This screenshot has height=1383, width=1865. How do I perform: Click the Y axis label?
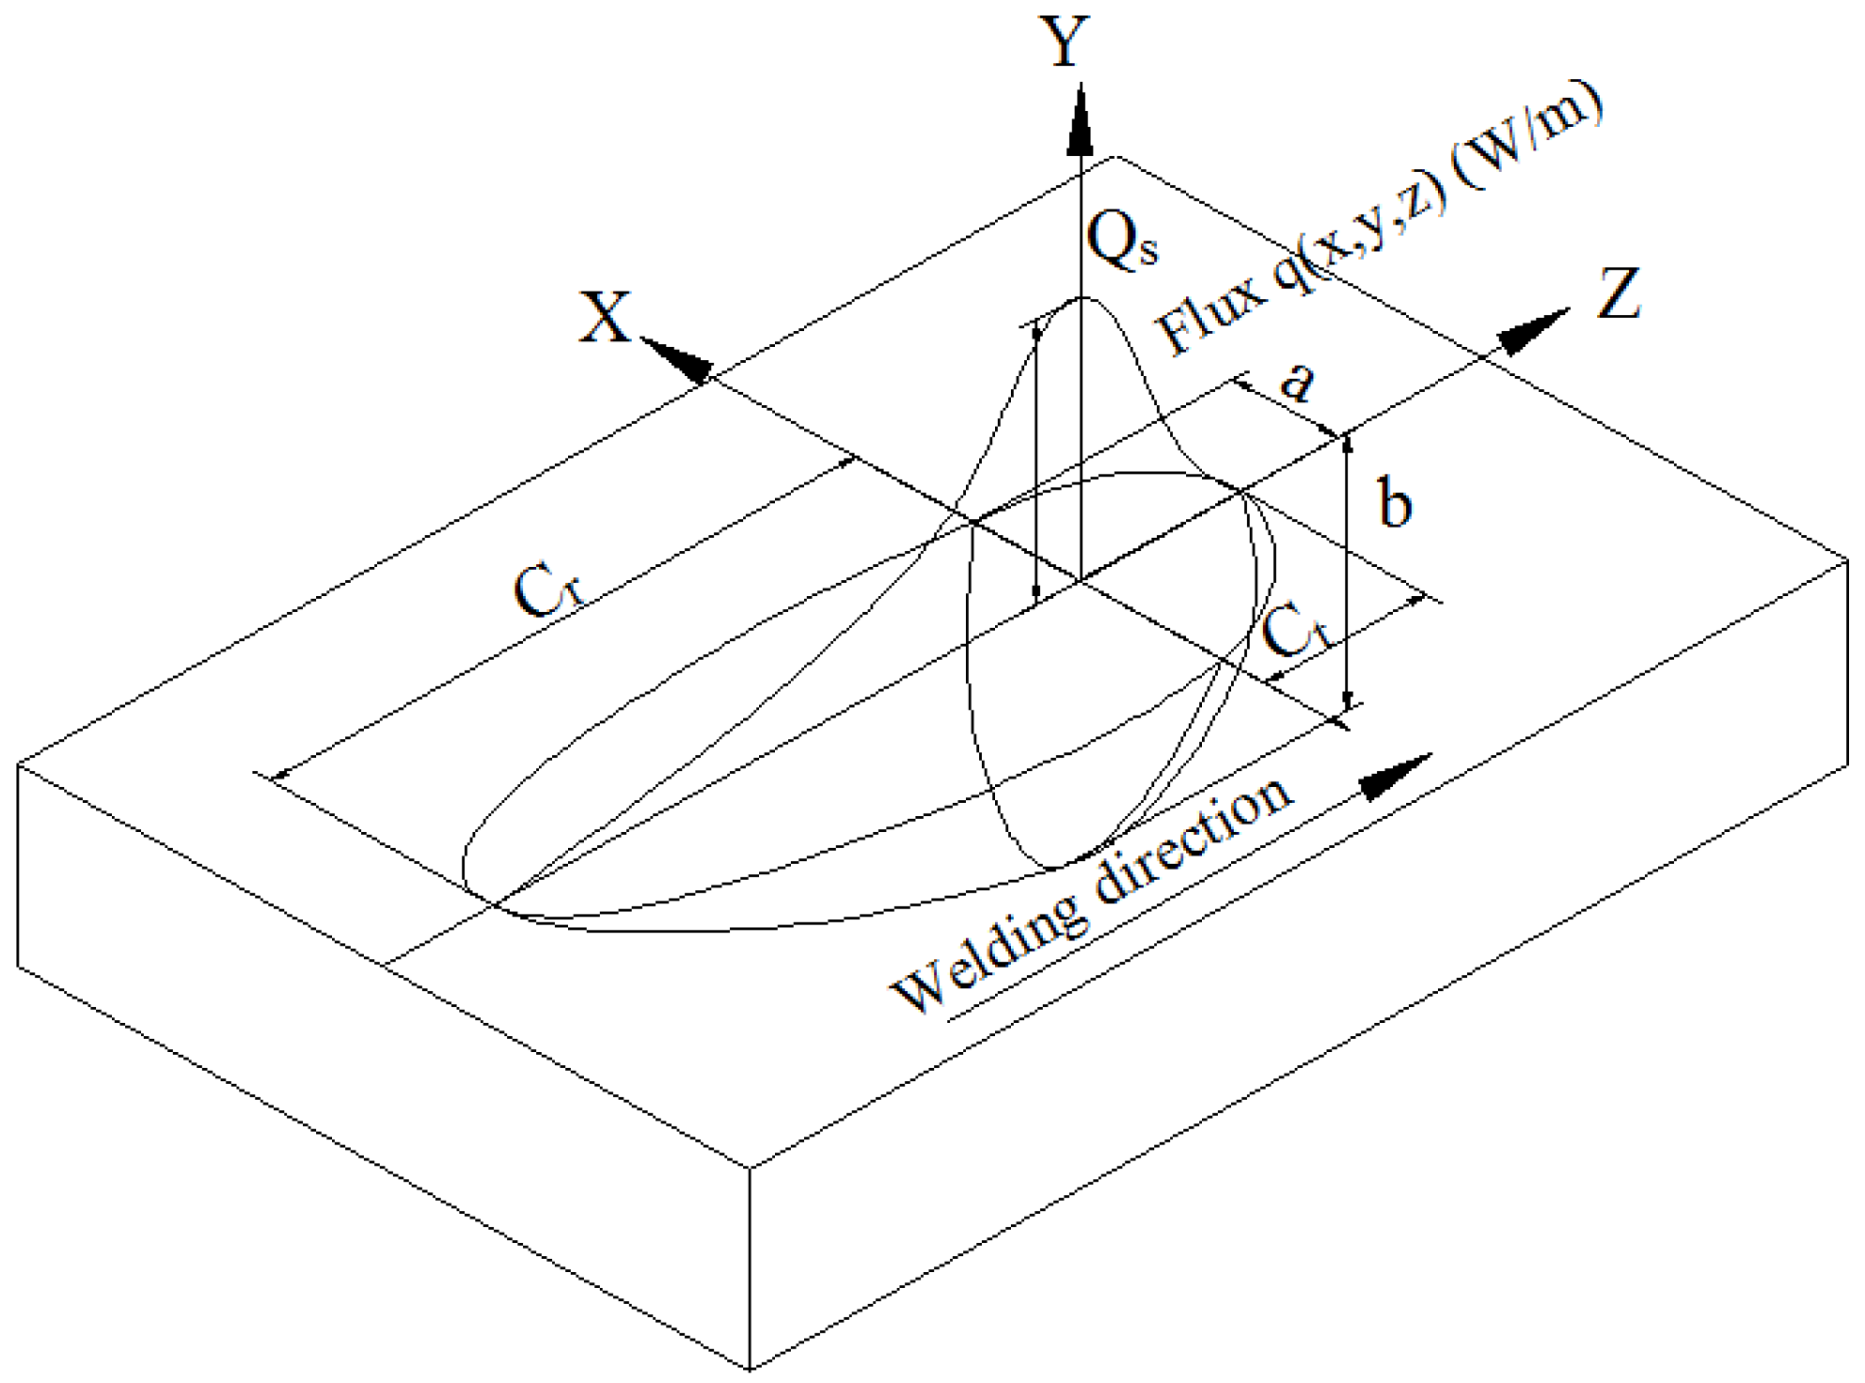1067,42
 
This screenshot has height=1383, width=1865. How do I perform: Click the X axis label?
605,318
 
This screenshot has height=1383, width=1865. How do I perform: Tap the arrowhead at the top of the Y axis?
1081,122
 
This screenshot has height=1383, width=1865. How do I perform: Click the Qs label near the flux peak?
1121,241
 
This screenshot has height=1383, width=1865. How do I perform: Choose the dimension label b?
1395,503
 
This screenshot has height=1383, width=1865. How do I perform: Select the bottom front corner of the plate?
750,1369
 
